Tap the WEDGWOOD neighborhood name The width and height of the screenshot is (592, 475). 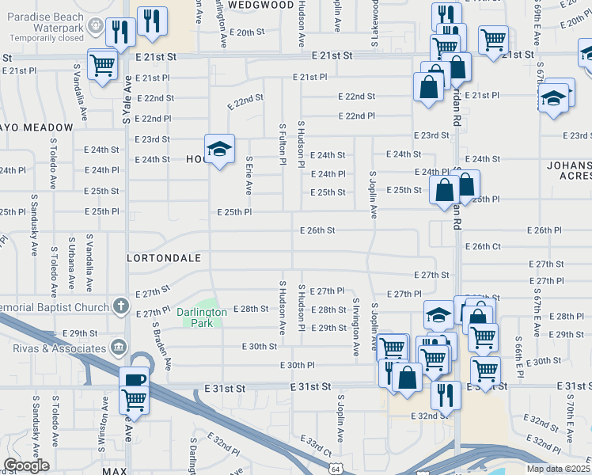click(x=260, y=5)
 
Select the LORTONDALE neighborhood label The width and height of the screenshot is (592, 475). click(x=161, y=258)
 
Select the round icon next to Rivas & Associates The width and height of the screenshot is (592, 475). click(x=119, y=346)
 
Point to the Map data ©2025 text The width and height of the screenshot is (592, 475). click(x=558, y=468)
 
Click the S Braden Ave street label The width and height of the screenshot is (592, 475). click(x=162, y=346)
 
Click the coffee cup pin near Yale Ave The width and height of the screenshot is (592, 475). click(x=134, y=379)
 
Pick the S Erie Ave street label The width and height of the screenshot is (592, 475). click(x=249, y=175)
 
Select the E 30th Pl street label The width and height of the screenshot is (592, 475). click(x=298, y=365)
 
